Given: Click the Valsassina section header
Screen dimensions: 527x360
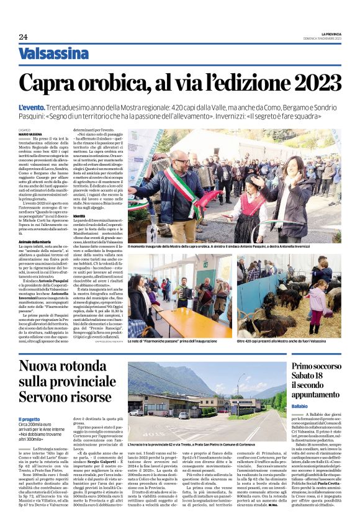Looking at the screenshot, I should pyautogui.click(x=54, y=54).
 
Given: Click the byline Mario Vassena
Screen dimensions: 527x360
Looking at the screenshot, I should pyautogui.click(x=30, y=134).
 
